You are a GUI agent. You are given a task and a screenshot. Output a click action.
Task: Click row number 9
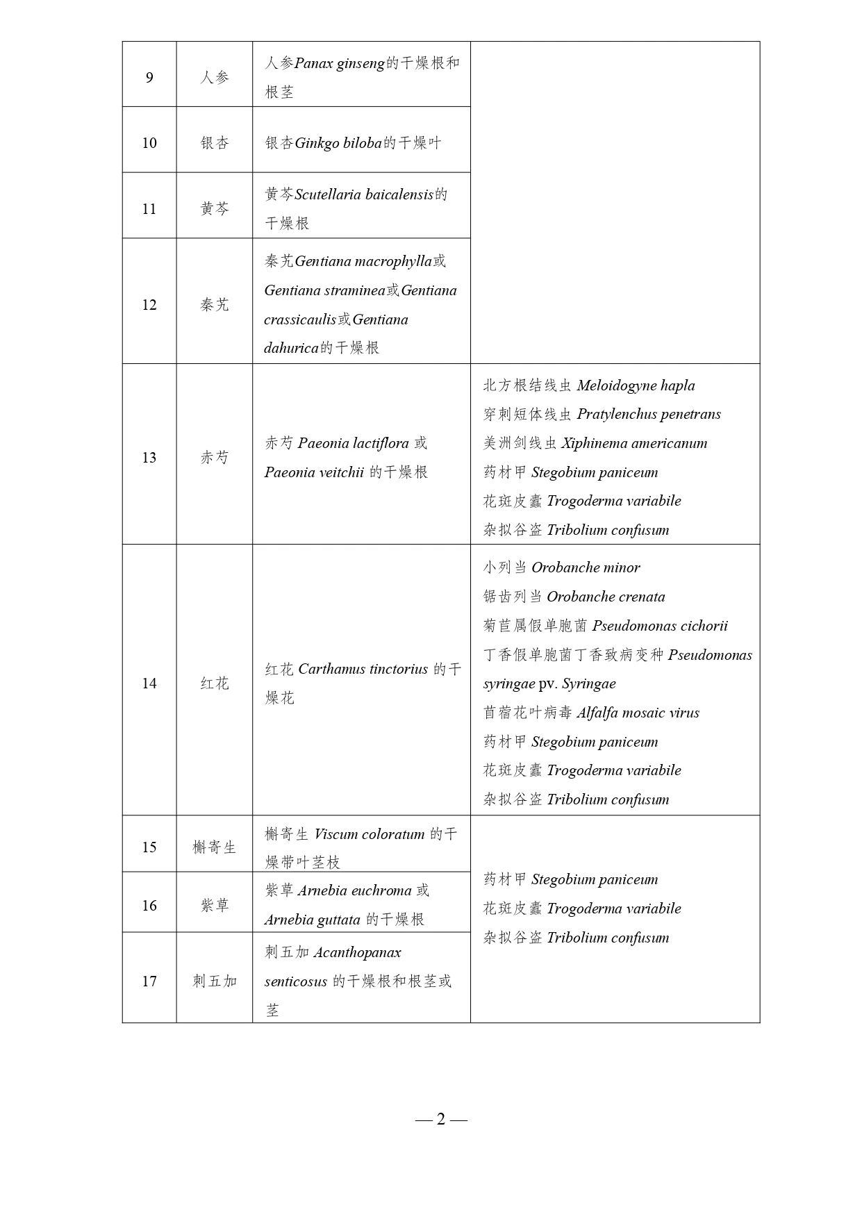tap(149, 77)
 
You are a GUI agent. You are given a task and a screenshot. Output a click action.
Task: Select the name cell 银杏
tap(215, 143)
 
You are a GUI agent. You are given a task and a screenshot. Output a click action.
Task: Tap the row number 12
tap(149, 305)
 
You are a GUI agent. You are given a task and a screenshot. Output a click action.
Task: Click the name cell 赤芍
tap(215, 458)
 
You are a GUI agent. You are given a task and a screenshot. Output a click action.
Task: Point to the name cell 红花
tap(215, 683)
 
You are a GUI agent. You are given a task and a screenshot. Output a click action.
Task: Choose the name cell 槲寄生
tap(215, 847)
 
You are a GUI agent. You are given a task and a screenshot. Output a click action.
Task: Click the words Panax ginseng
tap(340, 63)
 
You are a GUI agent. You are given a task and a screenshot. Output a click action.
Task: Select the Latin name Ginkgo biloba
tap(338, 143)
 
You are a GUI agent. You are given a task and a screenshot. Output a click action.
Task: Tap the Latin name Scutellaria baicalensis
tap(364, 194)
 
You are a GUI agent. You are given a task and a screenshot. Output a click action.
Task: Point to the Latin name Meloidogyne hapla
tap(636, 385)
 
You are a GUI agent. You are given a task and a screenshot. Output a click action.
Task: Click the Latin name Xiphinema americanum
tap(634, 443)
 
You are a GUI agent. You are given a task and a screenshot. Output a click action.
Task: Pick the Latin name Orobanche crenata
tap(606, 597)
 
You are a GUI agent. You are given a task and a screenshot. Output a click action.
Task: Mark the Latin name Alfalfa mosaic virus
tap(638, 713)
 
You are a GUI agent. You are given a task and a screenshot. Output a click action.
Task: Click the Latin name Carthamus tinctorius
tap(363, 670)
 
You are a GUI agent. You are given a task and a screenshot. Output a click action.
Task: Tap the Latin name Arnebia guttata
tap(313, 920)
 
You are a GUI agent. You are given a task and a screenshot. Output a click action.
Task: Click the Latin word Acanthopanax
tap(357, 952)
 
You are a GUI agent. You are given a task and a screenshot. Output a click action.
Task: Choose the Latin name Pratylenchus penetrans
tap(649, 415)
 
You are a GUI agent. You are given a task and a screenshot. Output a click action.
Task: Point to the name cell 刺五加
tap(215, 981)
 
